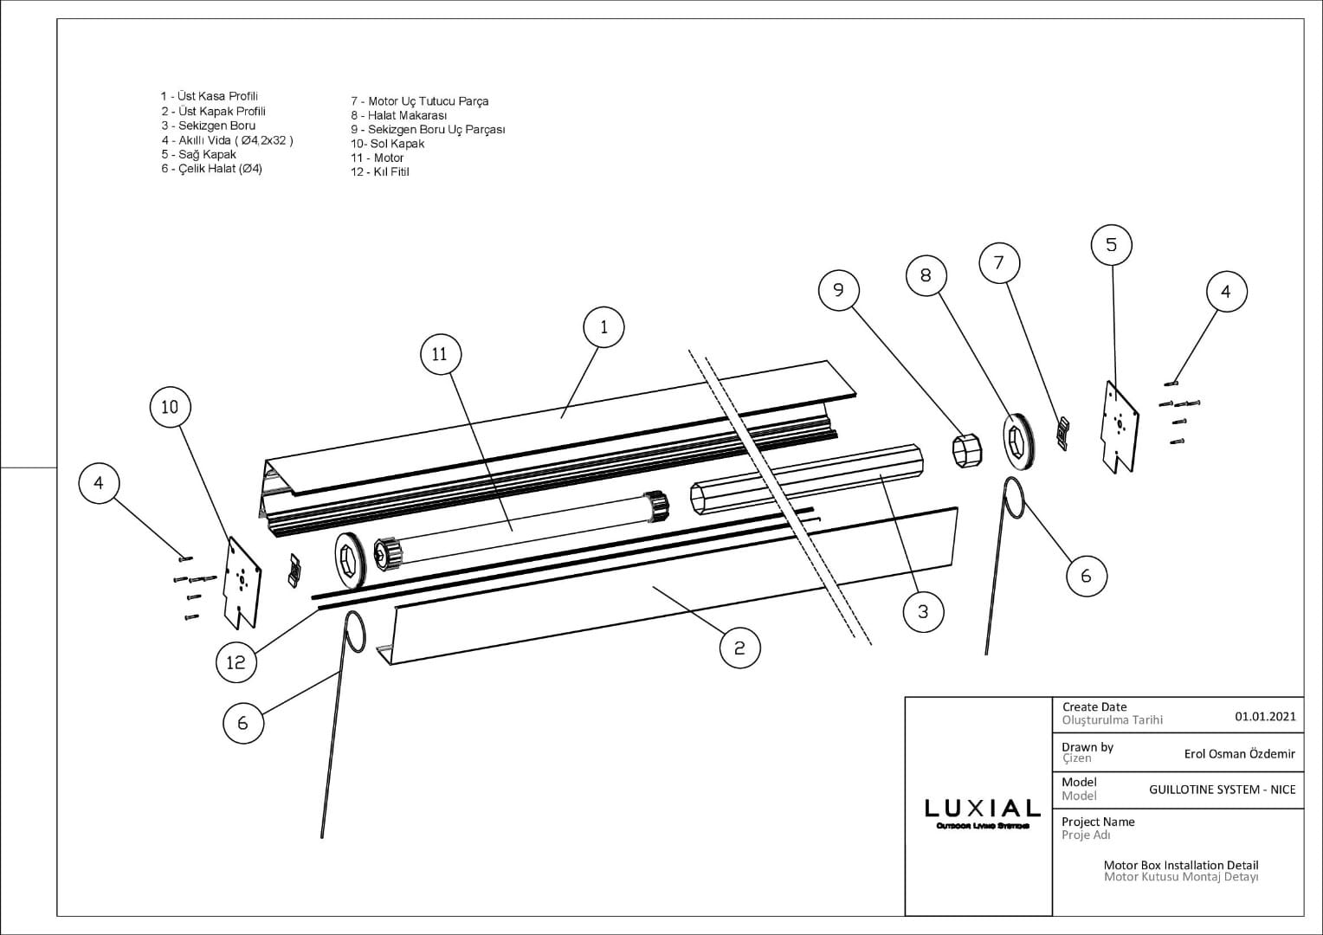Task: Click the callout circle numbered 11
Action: (x=440, y=354)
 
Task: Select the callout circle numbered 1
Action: (x=603, y=326)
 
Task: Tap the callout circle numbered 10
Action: (x=170, y=406)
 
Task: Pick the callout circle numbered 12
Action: (x=236, y=662)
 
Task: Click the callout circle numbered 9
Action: (x=838, y=289)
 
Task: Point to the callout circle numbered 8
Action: (x=926, y=274)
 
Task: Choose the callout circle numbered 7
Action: (x=998, y=262)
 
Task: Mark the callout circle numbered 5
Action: (x=1111, y=245)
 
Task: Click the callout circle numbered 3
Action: (x=923, y=611)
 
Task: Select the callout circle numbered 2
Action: (x=739, y=648)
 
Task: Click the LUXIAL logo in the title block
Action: (x=982, y=810)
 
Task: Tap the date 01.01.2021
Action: (x=1265, y=716)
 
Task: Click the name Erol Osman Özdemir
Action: (x=1239, y=754)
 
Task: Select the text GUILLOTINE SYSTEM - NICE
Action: (x=1222, y=790)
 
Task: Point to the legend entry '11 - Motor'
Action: (x=378, y=158)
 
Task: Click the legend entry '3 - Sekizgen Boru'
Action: (x=208, y=126)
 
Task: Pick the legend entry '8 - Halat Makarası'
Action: (x=399, y=115)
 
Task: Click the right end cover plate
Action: (x=1120, y=426)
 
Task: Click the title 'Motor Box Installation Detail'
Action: (x=1180, y=865)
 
